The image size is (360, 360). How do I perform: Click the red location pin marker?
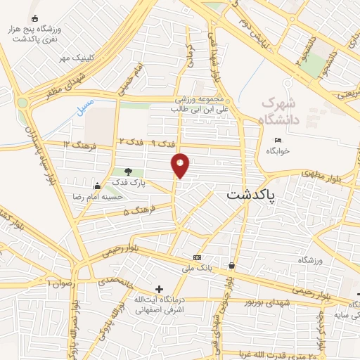(x=181, y=165)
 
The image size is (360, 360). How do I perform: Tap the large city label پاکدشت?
(x=252, y=197)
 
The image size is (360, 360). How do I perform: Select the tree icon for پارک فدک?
(x=128, y=171)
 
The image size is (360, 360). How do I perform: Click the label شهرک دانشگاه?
(x=281, y=112)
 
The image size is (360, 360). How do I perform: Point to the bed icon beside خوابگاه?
(x=278, y=140)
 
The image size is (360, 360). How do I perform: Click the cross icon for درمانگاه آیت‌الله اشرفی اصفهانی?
(x=159, y=289)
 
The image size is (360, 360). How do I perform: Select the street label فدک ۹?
(x=164, y=143)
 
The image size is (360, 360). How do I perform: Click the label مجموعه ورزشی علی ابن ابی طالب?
(x=199, y=105)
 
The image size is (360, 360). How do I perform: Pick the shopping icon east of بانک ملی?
(x=231, y=266)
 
